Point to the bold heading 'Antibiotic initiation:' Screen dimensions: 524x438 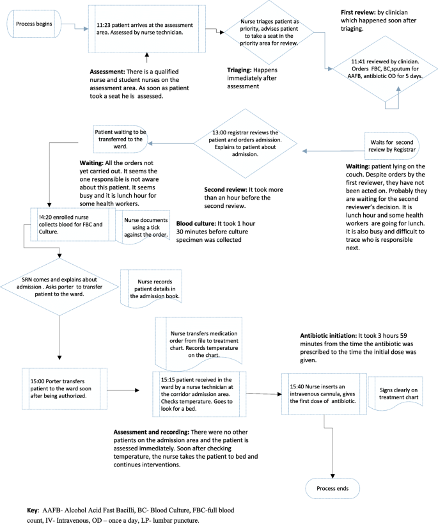tap(332, 335)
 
